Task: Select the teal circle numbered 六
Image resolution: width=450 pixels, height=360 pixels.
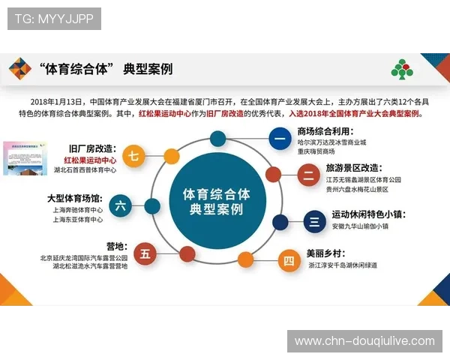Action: click(x=120, y=205)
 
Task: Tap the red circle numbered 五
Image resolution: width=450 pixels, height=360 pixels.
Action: click(x=145, y=253)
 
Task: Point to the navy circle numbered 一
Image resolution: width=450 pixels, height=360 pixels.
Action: click(x=280, y=138)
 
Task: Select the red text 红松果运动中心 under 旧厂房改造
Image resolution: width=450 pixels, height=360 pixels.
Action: click(x=90, y=160)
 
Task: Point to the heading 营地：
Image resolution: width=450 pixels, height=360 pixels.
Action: click(x=116, y=247)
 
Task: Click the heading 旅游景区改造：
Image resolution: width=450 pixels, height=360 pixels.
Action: click(x=353, y=169)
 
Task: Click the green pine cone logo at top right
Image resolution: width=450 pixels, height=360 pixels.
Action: click(x=401, y=70)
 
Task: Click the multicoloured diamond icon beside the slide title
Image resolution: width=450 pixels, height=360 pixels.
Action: click(x=20, y=69)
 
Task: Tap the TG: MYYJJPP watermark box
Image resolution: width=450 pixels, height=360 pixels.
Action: click(x=54, y=18)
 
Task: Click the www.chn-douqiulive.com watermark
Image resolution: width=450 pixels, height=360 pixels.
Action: click(x=364, y=341)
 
